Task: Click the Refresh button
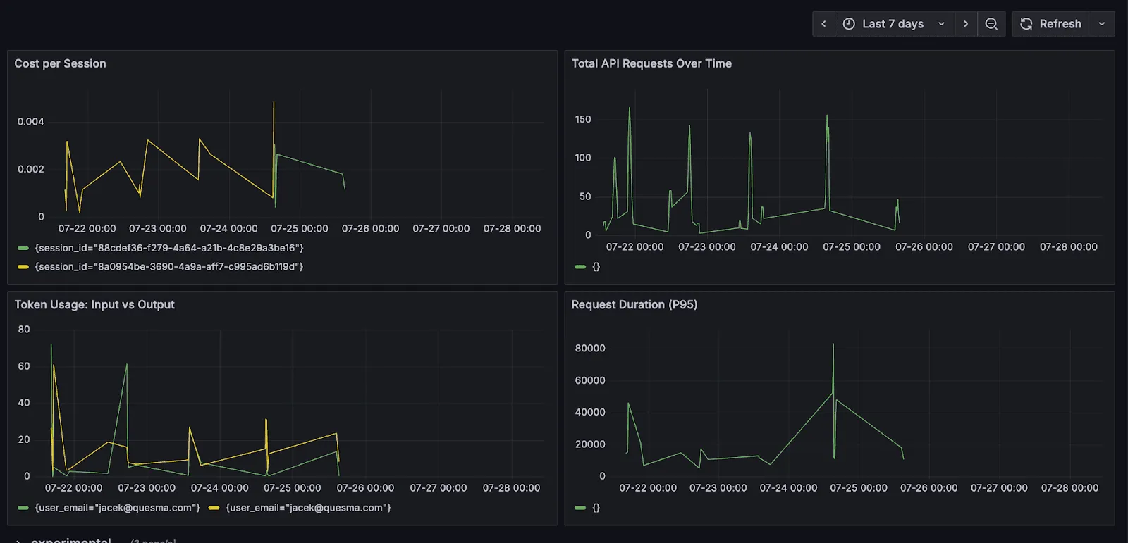coord(1051,24)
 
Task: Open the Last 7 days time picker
coord(893,24)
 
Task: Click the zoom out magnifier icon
coord(991,24)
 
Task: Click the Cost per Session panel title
coord(60,63)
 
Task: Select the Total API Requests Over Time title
coord(651,63)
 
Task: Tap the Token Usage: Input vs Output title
coord(94,304)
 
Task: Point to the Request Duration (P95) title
coord(634,304)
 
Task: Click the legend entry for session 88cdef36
coord(169,248)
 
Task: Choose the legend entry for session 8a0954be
coord(169,267)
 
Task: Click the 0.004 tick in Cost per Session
coord(30,122)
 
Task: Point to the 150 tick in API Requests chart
coord(583,120)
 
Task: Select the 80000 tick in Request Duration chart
coord(590,349)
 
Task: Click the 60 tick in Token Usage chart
coord(24,366)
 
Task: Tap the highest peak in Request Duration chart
coord(833,345)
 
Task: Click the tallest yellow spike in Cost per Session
coord(274,104)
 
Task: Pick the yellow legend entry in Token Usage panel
coord(308,508)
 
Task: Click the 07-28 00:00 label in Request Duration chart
coord(1069,488)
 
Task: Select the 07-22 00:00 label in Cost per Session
coord(87,229)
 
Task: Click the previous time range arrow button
coord(823,24)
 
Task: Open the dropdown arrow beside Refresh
coord(1102,24)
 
